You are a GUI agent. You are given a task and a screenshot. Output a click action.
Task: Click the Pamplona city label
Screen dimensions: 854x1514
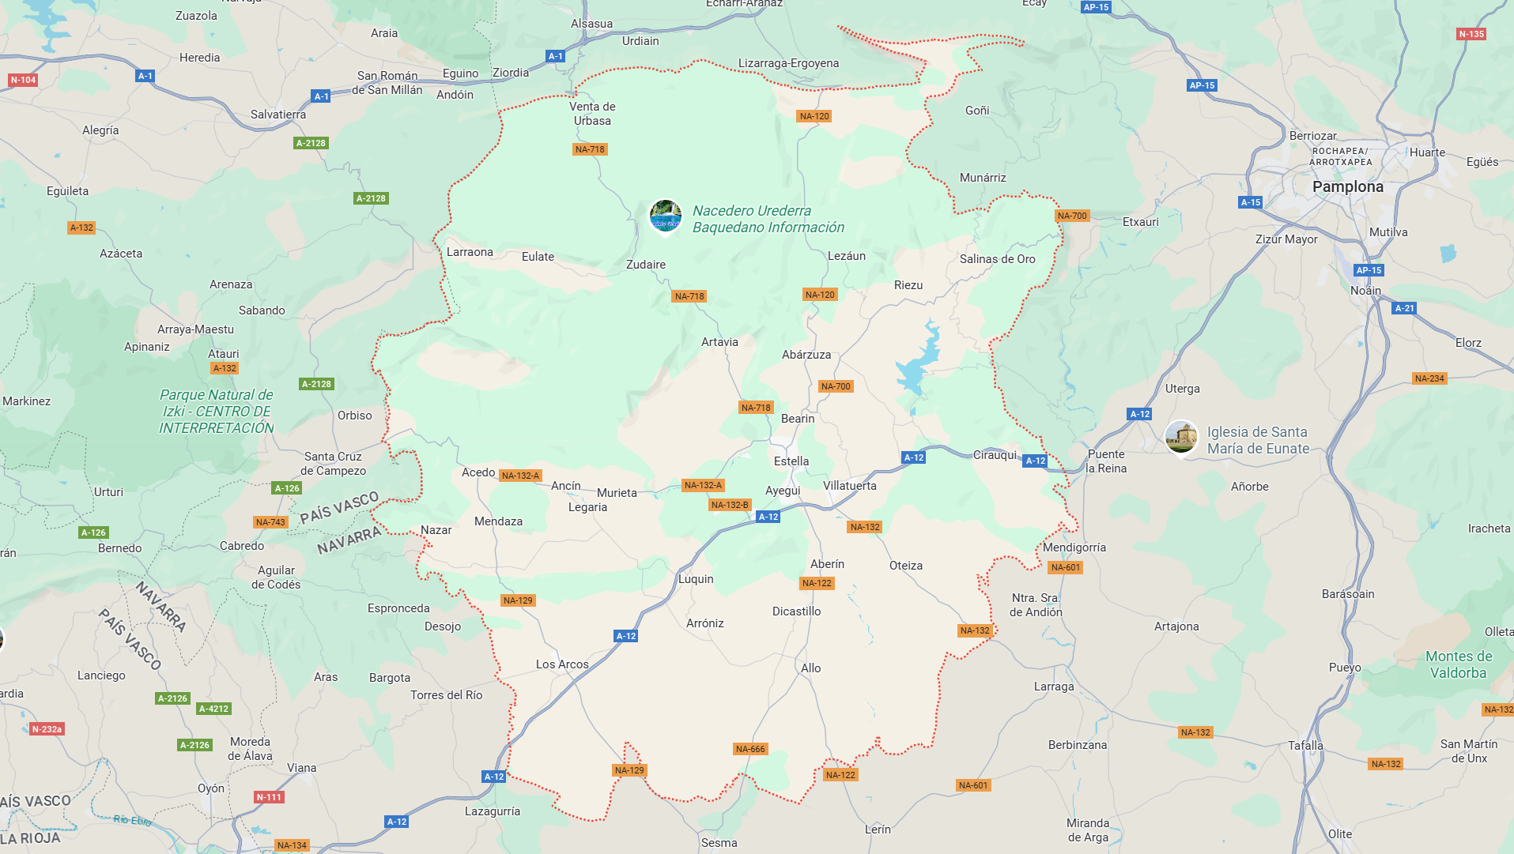click(x=1347, y=187)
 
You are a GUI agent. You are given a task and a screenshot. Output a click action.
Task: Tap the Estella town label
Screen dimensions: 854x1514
click(x=791, y=461)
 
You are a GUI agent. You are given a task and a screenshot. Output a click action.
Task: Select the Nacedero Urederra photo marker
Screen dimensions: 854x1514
click(x=665, y=215)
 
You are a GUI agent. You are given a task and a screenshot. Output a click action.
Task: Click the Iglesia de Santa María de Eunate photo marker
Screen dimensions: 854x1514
click(x=1181, y=437)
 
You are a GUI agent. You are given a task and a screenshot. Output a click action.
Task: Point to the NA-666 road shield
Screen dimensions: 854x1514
click(x=749, y=749)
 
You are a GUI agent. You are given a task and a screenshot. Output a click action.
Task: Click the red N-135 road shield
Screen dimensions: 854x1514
click(x=1471, y=34)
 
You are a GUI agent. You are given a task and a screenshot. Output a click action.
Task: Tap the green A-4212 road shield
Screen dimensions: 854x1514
click(x=213, y=709)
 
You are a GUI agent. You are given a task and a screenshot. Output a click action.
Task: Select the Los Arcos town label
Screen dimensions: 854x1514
click(x=562, y=664)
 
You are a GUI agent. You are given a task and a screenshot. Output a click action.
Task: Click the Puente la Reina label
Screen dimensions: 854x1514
click(x=1106, y=461)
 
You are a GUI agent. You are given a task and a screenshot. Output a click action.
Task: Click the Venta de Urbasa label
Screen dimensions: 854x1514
click(x=592, y=114)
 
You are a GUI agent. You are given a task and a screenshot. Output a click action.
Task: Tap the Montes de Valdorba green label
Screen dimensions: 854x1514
click(x=1458, y=664)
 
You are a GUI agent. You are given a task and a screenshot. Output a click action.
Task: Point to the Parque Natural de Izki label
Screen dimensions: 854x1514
click(x=217, y=411)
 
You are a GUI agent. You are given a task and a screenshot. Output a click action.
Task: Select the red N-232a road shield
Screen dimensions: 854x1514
click(x=47, y=729)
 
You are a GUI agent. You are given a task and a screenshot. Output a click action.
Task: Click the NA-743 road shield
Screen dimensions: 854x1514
click(x=270, y=522)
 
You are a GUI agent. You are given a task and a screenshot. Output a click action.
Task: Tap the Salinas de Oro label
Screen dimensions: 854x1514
click(x=997, y=259)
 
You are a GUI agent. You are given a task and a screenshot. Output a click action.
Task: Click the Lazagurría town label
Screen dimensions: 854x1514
click(x=493, y=811)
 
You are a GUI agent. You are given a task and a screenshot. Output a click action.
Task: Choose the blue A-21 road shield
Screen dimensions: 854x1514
click(x=1404, y=308)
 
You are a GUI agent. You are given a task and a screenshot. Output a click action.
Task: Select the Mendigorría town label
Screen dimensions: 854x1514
click(x=1074, y=547)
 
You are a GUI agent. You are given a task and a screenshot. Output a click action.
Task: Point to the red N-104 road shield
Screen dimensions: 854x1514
click(x=23, y=80)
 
